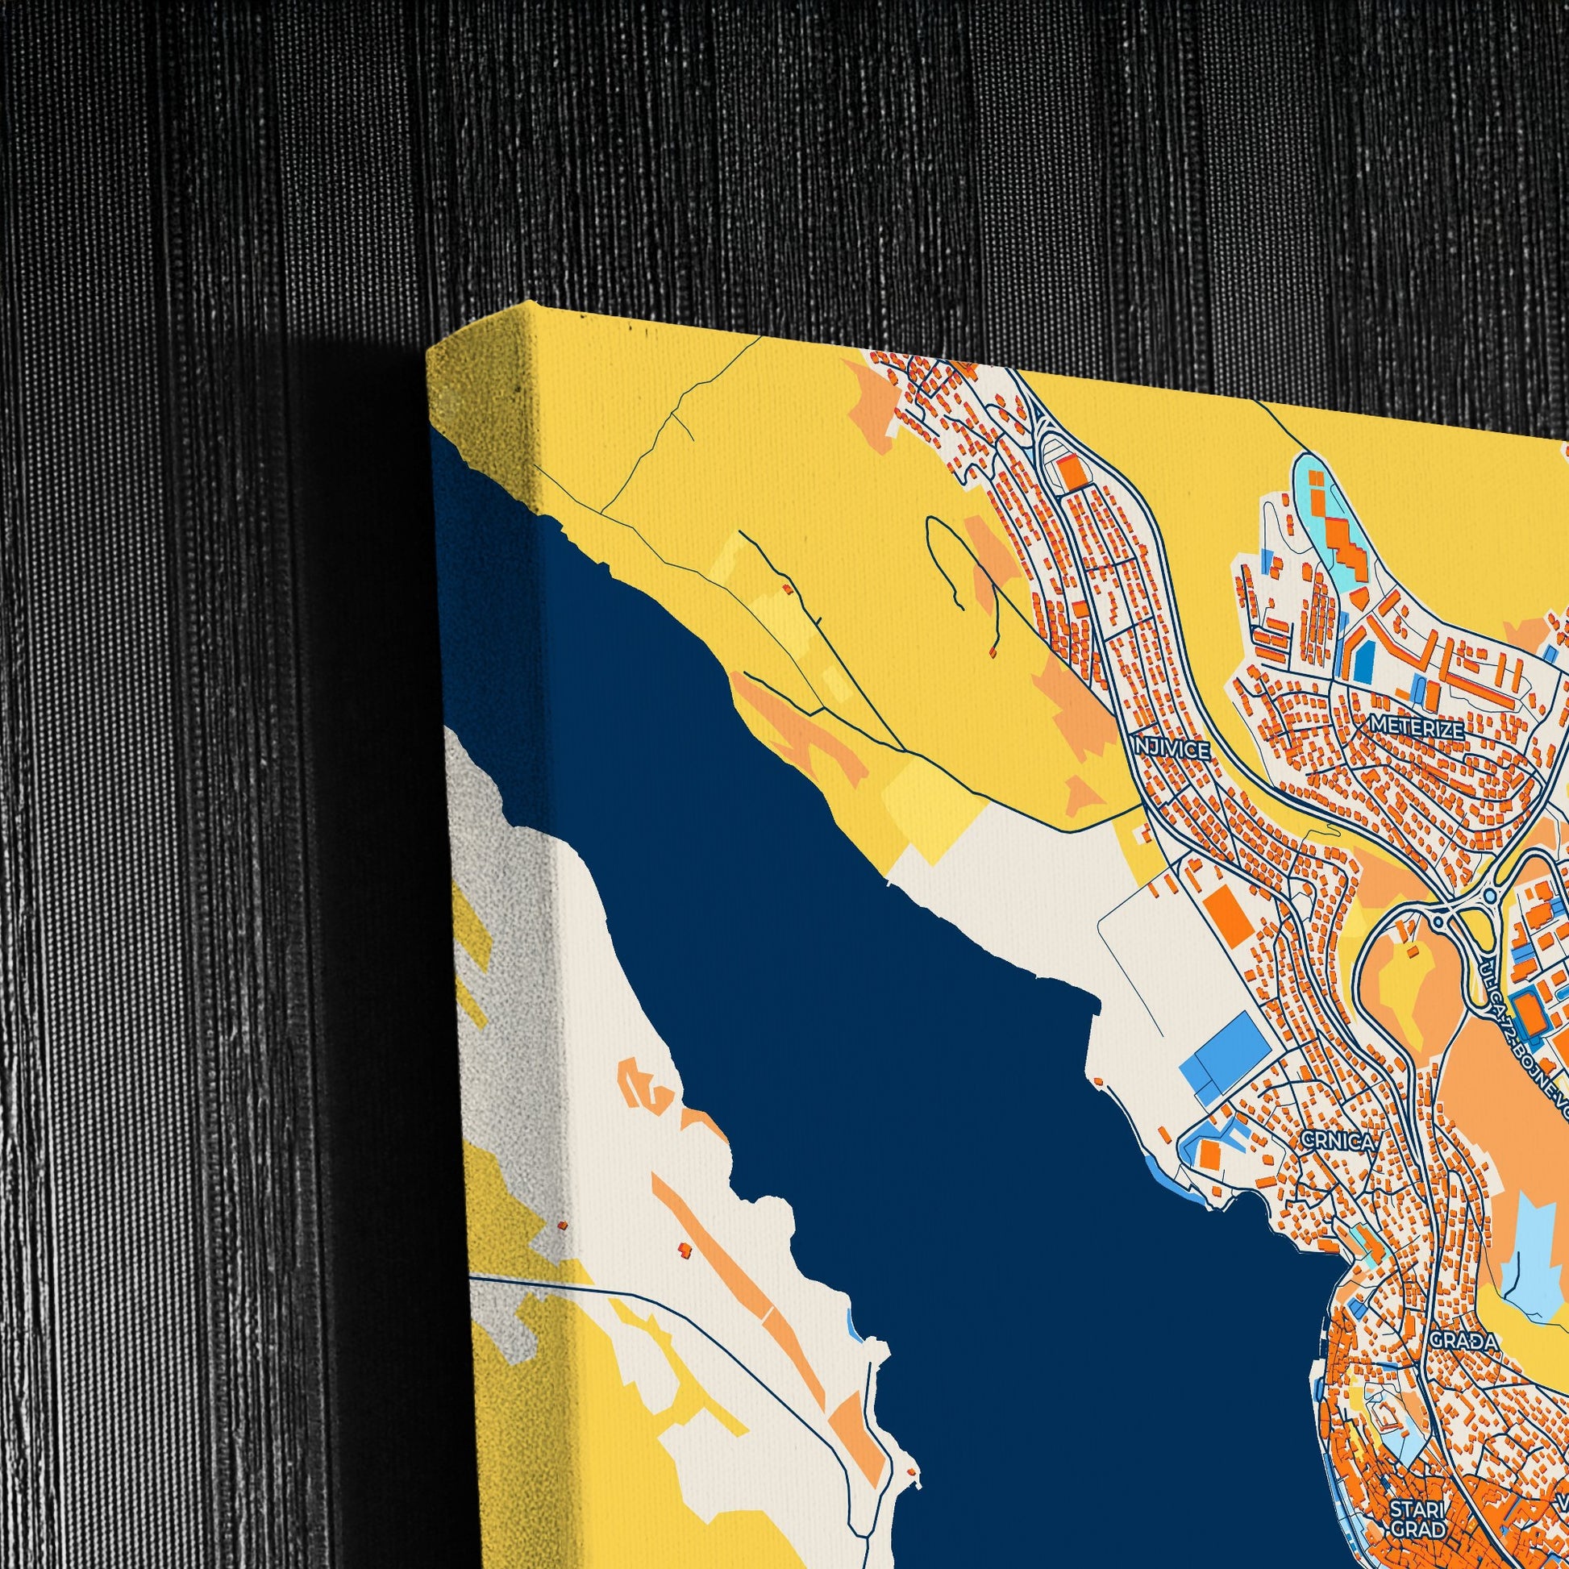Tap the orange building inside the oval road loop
[x=1072, y=470]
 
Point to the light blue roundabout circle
[x=1491, y=897]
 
